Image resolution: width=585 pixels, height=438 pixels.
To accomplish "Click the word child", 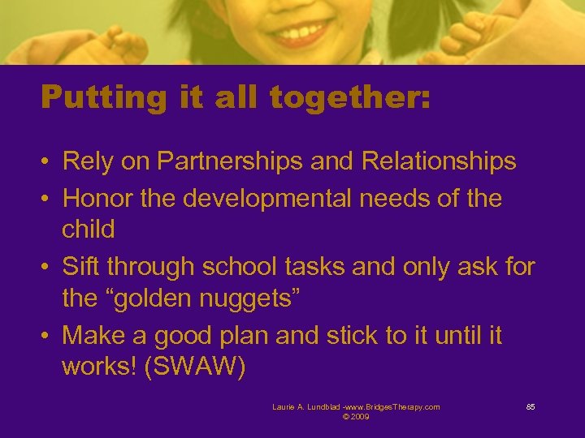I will [89, 229].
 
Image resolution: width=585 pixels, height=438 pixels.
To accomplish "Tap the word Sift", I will [80, 266].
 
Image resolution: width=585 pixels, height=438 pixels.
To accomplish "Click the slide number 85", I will [530, 407].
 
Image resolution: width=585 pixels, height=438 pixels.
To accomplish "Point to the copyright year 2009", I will [360, 417].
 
